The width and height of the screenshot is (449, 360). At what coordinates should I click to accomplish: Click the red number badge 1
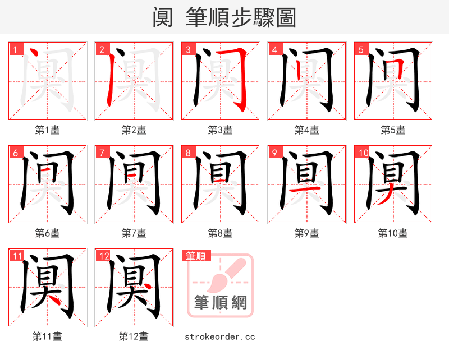[x=16, y=49]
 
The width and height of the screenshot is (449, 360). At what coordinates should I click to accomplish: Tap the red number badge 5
[x=361, y=49]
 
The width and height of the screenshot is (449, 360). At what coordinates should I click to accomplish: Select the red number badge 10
[x=363, y=153]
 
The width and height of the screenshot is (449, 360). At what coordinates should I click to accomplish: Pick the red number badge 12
[x=103, y=256]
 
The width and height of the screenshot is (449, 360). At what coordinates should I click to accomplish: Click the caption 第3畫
[x=220, y=130]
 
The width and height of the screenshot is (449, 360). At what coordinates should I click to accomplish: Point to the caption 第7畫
[x=134, y=233]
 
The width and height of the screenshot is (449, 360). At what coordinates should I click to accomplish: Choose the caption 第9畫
[x=306, y=233]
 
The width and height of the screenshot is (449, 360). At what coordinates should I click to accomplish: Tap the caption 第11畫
[x=47, y=336]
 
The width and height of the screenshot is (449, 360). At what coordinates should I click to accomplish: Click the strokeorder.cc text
[x=220, y=336]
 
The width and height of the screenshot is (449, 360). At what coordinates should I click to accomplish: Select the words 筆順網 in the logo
[x=220, y=302]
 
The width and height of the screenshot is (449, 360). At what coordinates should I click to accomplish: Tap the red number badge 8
[x=189, y=153]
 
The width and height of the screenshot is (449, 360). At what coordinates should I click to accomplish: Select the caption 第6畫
[x=47, y=233]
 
